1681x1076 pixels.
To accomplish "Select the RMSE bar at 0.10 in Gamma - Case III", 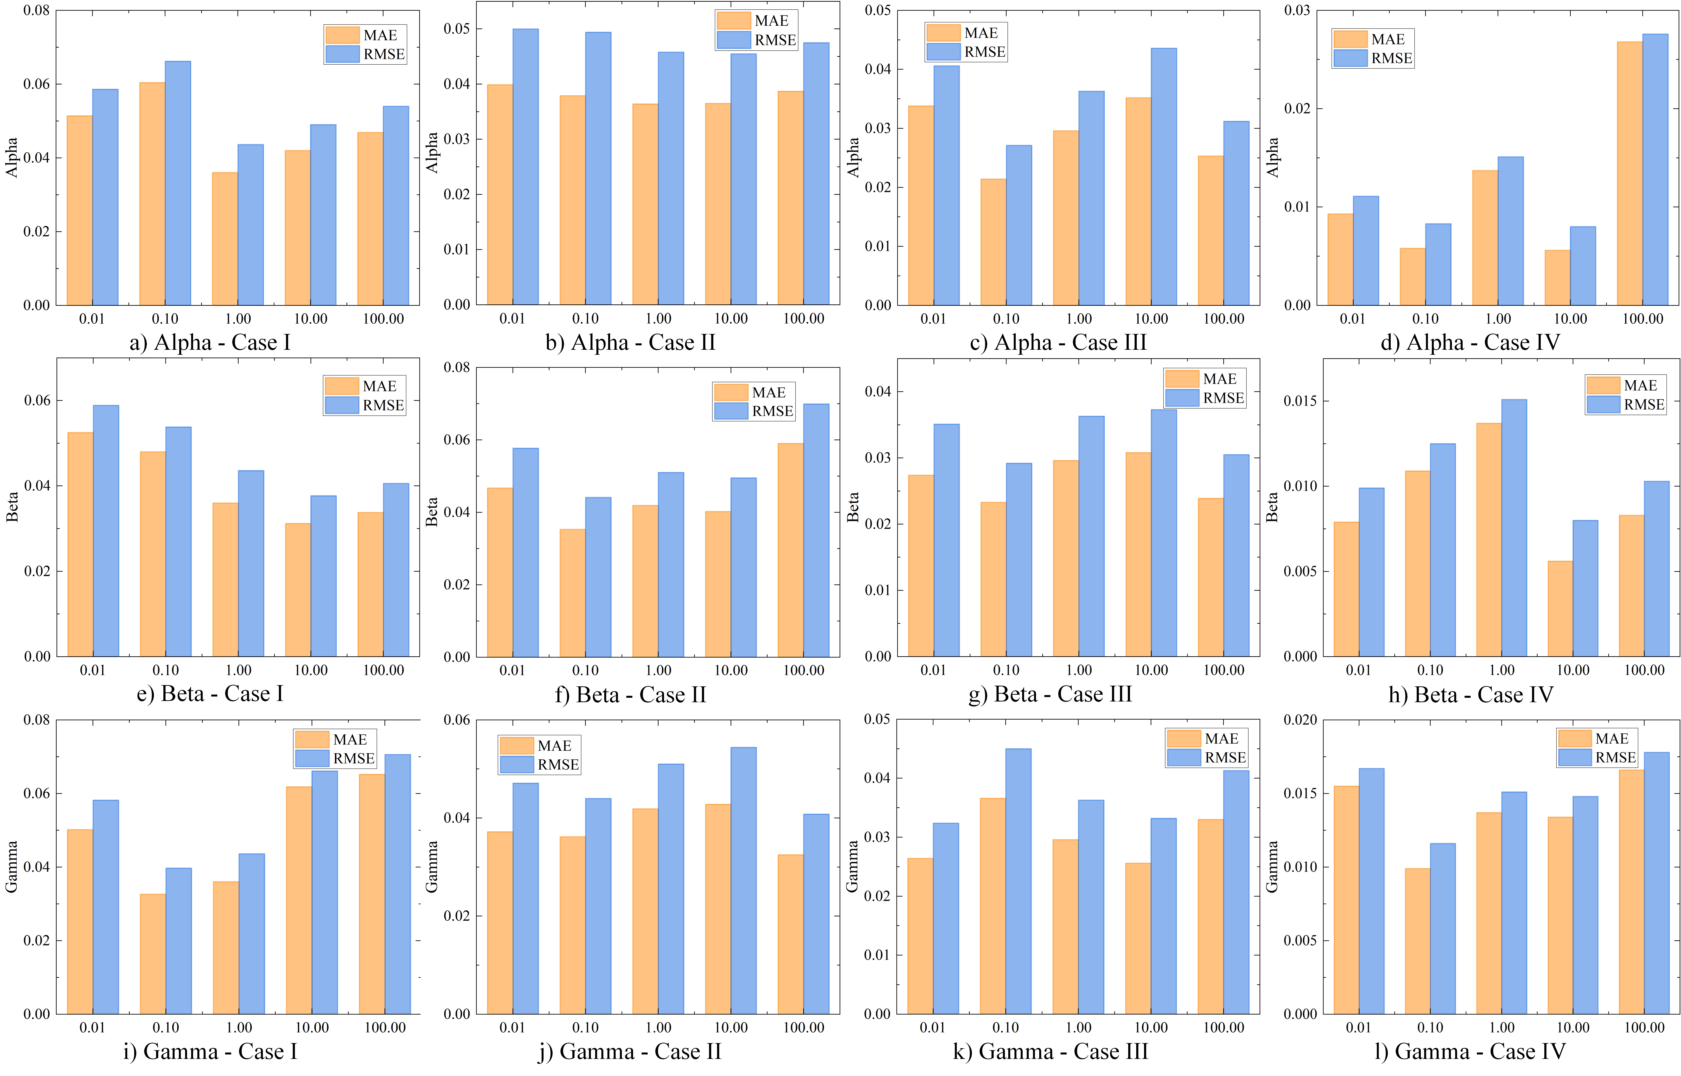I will pyautogui.click(x=1018, y=880).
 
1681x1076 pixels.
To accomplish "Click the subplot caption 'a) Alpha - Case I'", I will pyautogui.click(x=210, y=342).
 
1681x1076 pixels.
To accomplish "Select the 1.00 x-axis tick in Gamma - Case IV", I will pyautogui.click(x=1501, y=1027).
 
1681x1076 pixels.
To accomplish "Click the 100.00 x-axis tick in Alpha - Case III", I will pyautogui.click(x=1223, y=319).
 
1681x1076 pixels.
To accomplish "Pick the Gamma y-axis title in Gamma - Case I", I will pyautogui.click(x=12, y=866).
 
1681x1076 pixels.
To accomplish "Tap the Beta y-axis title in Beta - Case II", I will pyautogui.click(x=432, y=511).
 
